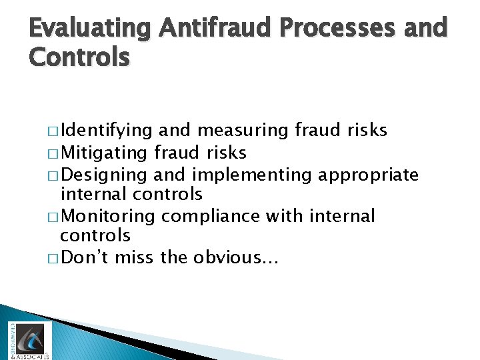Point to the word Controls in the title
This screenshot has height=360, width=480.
(x=79, y=57)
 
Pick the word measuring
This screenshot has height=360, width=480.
(x=241, y=131)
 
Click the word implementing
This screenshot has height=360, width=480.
(x=251, y=175)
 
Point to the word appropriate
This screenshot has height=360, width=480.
(x=369, y=175)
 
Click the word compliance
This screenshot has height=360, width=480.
(x=212, y=217)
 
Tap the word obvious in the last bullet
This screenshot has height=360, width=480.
(x=236, y=257)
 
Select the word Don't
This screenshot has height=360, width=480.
(x=85, y=257)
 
